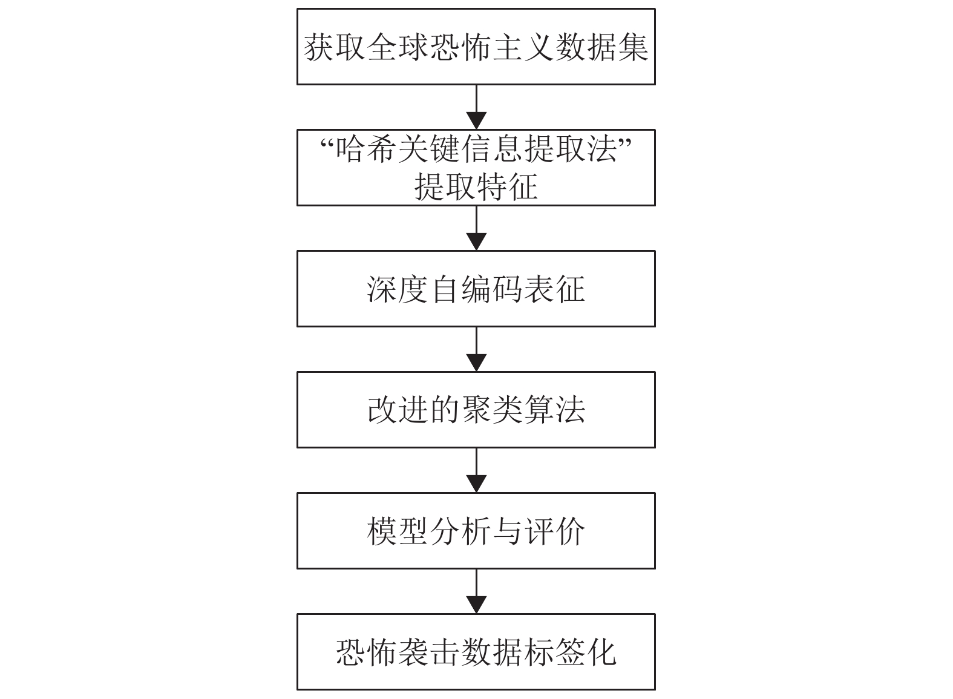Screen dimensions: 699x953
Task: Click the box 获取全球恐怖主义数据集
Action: tap(476, 47)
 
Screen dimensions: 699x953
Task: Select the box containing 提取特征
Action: tap(476, 168)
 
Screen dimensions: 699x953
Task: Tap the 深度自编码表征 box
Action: tap(476, 289)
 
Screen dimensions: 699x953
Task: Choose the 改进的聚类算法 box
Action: tap(476, 410)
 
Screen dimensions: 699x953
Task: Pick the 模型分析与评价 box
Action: tap(476, 531)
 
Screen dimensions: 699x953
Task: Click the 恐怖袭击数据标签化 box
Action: tap(476, 652)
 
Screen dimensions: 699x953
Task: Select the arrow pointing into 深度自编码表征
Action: tap(476, 228)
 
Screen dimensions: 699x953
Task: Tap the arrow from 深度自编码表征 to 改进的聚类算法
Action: tap(476, 349)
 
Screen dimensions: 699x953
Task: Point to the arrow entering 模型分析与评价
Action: tap(476, 470)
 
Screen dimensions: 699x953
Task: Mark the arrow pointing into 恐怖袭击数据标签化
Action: tap(476, 591)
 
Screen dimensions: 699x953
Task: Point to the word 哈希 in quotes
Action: tap(365, 149)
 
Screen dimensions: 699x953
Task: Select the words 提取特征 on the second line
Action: tap(476, 186)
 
